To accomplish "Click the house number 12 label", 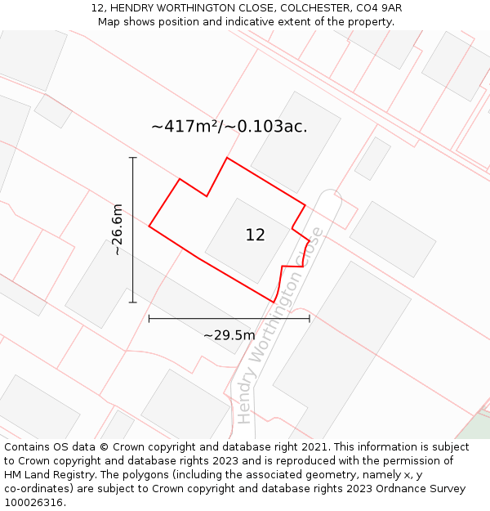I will pos(255,235).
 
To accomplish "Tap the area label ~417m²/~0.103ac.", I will pos(229,127).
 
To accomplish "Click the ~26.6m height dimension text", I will pos(118,230).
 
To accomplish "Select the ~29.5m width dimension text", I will pos(229,335).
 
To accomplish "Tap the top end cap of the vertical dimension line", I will pos(132,158).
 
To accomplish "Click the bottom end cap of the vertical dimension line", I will pos(132,303).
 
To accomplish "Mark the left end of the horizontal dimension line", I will pos(149,318).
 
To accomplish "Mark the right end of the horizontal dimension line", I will pos(310,318).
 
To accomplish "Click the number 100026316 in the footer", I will pos(33,503).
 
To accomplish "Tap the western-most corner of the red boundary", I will pos(149,226).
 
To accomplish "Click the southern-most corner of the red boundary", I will pos(274,303).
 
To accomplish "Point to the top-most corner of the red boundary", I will pos(227,158).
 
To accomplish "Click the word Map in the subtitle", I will pos(109,22).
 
